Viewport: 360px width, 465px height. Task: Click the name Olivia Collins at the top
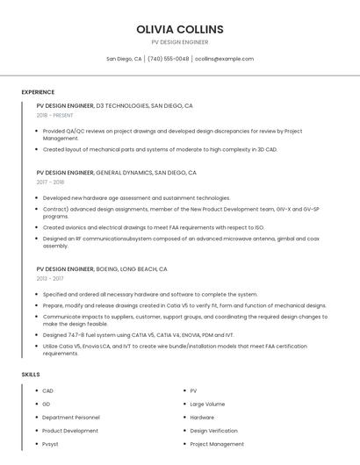click(x=180, y=29)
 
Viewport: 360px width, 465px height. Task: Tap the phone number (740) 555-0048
click(x=169, y=59)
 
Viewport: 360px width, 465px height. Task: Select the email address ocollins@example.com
click(x=224, y=59)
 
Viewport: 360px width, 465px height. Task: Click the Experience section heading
click(x=38, y=92)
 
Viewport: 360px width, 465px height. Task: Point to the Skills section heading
click(x=31, y=375)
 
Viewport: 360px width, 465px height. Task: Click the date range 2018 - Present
click(x=54, y=115)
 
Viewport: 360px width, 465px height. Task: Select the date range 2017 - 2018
click(x=50, y=182)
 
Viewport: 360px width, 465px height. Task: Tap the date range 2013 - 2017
click(x=50, y=278)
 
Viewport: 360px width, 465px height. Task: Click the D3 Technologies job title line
click(x=114, y=105)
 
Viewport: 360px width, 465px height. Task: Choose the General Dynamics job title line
click(x=116, y=173)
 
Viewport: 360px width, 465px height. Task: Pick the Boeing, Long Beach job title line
click(x=102, y=268)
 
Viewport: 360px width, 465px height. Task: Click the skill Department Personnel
click(x=71, y=418)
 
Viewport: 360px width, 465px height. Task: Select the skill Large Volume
click(x=207, y=404)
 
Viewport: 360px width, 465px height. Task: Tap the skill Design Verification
click(x=213, y=431)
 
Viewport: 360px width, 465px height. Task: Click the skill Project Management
click(x=216, y=444)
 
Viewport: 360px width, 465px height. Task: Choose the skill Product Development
click(x=70, y=431)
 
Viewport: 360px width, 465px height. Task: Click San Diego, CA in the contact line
click(x=124, y=59)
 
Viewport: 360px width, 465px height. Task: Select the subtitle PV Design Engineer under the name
click(x=180, y=42)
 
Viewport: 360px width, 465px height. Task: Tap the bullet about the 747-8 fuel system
click(x=138, y=334)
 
